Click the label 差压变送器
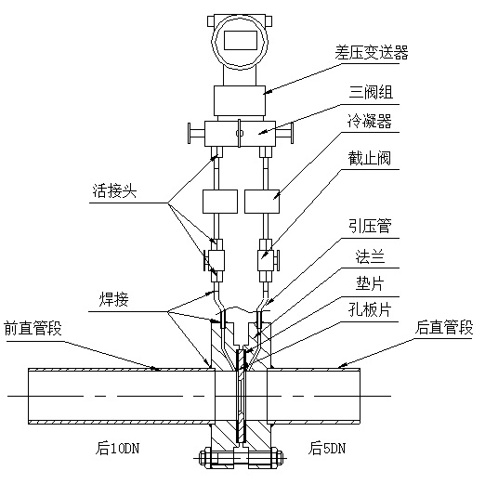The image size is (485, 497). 372,52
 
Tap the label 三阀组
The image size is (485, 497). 371,92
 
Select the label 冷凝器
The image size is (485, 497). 370,121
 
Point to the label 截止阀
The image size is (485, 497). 369,158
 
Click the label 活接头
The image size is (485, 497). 114,190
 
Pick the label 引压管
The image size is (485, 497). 370,226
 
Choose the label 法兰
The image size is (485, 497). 370,256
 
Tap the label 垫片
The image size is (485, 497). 370,283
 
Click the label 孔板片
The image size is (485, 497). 370,309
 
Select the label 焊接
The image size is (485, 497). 113,299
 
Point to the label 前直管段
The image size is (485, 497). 33,328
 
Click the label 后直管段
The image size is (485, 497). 444,327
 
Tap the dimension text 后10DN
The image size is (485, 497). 117,449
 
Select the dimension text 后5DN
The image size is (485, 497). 327,449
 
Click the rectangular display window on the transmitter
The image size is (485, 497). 241,40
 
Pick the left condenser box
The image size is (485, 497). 220,202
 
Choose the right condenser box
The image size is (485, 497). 262,202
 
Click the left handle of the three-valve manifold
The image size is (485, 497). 196,134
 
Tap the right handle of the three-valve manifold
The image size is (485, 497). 284,133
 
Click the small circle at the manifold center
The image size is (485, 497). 240,133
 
